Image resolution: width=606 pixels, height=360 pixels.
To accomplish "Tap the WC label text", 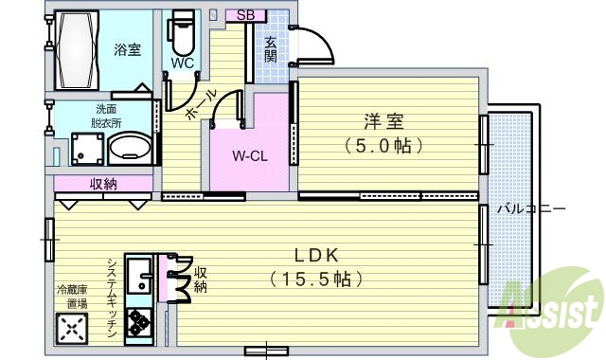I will point(182,63).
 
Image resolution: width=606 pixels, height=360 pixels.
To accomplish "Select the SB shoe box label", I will point(245,14).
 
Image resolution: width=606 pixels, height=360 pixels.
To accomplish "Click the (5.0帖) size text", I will point(383,147).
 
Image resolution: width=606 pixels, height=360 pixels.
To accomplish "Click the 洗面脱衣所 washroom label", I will point(105,116).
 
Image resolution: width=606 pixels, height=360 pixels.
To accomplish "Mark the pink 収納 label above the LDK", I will point(103,184).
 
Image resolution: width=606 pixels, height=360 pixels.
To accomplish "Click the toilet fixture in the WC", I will point(181,35).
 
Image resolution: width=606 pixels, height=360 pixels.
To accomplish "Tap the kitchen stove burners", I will point(140,325).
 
